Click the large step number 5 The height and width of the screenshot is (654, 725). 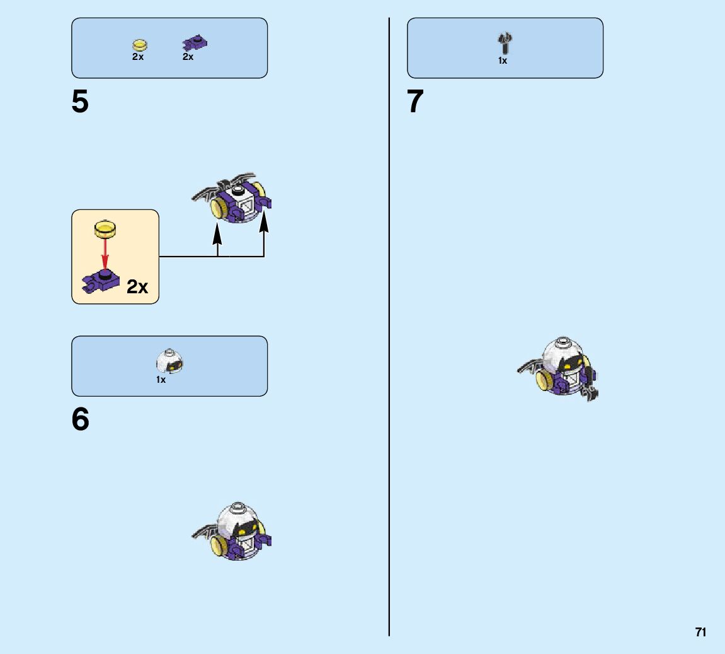point(80,102)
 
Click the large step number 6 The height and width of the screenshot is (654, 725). point(81,420)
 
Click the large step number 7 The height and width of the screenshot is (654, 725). point(416,102)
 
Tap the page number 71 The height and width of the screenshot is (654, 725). point(700,632)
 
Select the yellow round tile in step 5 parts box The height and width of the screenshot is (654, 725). point(139,45)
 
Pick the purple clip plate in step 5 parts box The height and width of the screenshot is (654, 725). point(195,44)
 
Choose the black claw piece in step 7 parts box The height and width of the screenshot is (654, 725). point(505,44)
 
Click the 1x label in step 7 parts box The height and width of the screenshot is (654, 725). point(503,61)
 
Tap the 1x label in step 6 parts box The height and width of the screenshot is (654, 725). point(161,380)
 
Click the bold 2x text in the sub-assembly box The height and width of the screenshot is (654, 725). point(137,287)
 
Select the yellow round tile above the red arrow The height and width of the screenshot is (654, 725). point(105,228)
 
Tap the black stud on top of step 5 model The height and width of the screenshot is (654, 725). point(237,190)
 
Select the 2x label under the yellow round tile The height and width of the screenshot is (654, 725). point(138,57)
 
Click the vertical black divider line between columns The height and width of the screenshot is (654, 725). point(389,315)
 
